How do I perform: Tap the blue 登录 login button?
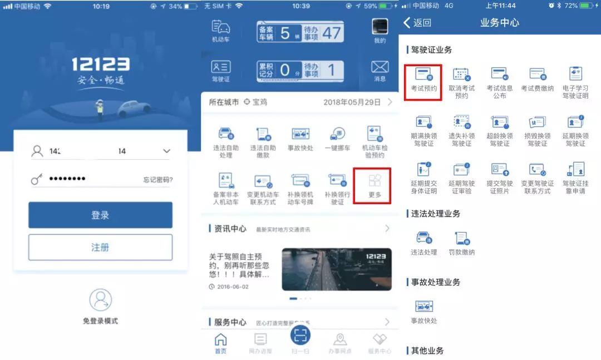click(x=100, y=215)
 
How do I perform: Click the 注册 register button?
click(x=100, y=248)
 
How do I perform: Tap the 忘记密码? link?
click(x=157, y=180)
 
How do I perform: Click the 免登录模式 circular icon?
click(x=101, y=300)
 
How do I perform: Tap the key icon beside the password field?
click(x=37, y=179)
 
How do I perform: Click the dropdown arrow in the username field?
click(x=166, y=151)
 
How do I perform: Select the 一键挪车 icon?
click(x=337, y=135)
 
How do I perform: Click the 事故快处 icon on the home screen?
click(x=300, y=135)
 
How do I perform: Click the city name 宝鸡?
click(x=259, y=102)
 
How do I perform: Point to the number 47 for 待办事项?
click(x=331, y=33)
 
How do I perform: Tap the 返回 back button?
click(x=417, y=23)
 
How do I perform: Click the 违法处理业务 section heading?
click(x=436, y=214)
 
